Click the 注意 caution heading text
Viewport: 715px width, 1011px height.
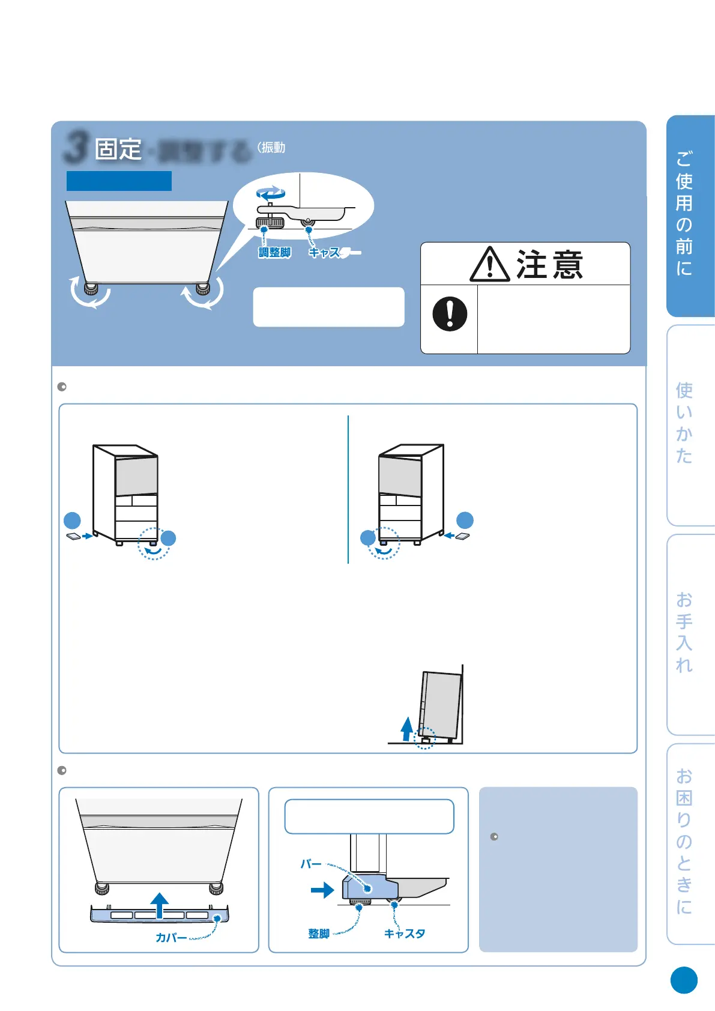pos(549,265)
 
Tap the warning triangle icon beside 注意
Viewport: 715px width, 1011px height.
pos(490,265)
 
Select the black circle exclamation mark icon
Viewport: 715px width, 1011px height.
pos(450,314)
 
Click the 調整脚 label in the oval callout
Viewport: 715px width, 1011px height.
pos(274,253)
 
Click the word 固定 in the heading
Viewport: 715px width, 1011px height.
pos(118,149)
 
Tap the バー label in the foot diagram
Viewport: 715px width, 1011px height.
pos(311,865)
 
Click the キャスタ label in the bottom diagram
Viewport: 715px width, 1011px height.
pos(405,934)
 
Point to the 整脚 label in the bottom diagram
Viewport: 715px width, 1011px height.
pos(319,934)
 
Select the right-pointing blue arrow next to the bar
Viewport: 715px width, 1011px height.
pos(322,890)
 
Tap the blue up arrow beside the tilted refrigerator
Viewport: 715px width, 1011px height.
pos(406,729)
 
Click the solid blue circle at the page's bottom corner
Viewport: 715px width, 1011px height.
pos(684,980)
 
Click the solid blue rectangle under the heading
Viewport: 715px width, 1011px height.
pos(119,181)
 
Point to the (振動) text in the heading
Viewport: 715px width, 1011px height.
pos(271,148)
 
